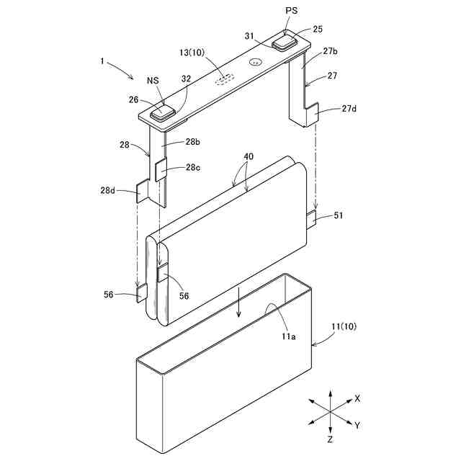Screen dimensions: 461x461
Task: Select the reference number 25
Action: pos(318,29)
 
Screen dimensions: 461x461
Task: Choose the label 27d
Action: pos(349,109)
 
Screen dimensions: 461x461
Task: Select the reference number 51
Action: pos(338,214)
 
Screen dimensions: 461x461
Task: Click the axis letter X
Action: pos(357,398)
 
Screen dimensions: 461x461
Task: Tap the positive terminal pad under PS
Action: pos(284,42)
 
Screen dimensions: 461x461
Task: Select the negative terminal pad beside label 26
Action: pos(162,112)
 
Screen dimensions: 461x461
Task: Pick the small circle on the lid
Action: pos(255,63)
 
